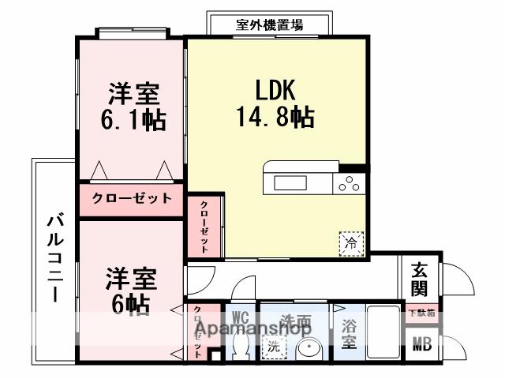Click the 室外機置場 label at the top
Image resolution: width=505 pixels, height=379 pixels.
268,24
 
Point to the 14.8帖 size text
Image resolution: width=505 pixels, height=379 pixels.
275,118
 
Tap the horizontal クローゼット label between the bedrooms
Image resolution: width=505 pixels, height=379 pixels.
131,198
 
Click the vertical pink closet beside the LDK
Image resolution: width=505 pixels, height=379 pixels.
204,226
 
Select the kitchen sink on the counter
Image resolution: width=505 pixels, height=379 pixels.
290,183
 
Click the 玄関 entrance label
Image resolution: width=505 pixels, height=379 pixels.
419,277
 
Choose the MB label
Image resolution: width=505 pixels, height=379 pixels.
420,344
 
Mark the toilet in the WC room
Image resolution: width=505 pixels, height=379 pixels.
241,346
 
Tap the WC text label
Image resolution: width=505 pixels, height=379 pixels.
241,317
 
